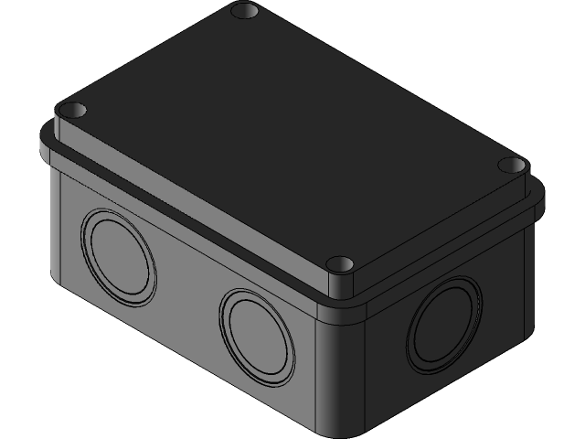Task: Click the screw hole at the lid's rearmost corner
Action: click(x=244, y=12)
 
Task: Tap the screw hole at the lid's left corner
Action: click(x=73, y=111)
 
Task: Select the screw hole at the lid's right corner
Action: click(x=513, y=166)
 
